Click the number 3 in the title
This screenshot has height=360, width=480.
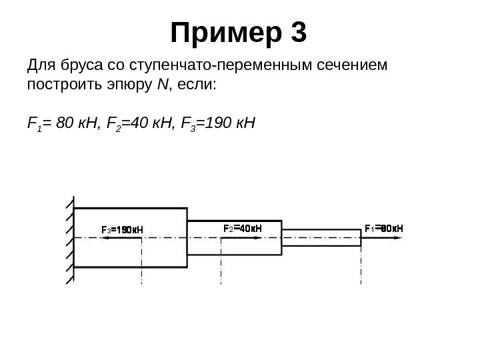(x=297, y=33)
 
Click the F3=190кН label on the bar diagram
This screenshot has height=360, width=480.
(x=122, y=230)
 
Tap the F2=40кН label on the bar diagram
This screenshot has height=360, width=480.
(x=241, y=229)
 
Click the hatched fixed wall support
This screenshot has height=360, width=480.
(x=69, y=239)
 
